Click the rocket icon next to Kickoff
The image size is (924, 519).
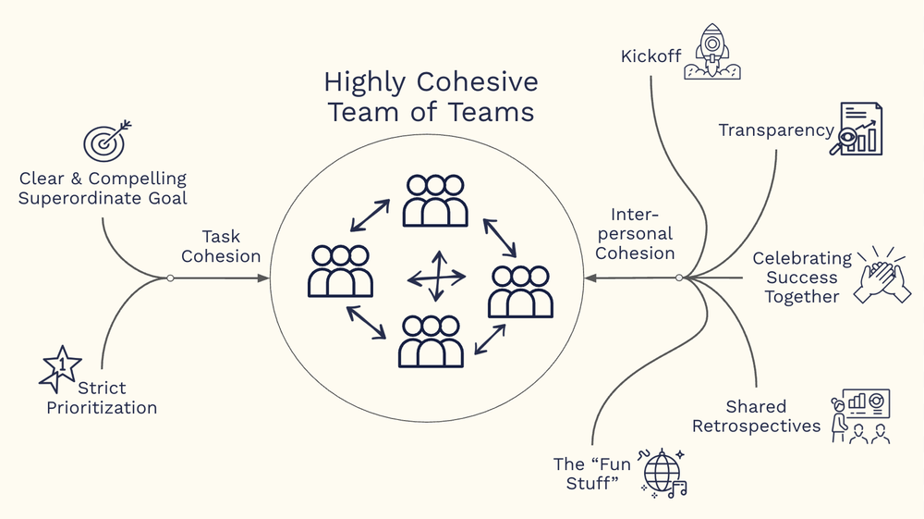point(712,53)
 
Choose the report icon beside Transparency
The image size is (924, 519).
point(859,130)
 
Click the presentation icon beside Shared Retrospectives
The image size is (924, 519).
point(860,415)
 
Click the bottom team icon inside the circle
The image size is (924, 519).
point(431,340)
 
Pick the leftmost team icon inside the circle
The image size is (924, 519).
point(340,270)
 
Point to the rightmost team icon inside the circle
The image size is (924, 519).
point(520,291)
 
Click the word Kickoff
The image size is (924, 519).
point(650,56)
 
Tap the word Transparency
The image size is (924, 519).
point(776,130)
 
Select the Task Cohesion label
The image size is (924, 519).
point(221,246)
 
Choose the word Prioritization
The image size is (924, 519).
point(102,407)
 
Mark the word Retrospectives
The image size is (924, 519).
point(756,426)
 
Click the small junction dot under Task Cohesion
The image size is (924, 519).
point(170,278)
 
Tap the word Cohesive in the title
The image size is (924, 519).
point(477,82)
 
